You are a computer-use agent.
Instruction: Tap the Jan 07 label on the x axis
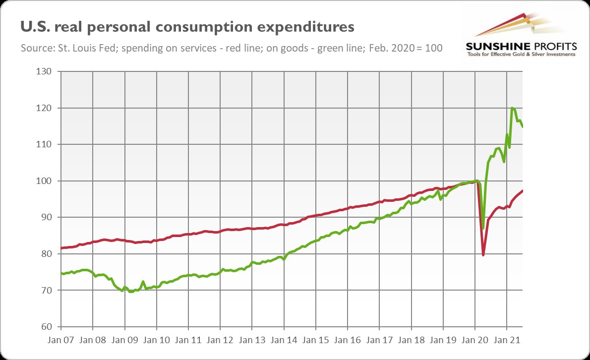(60, 341)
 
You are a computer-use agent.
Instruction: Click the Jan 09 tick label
(124, 341)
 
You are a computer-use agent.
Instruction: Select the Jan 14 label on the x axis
(284, 341)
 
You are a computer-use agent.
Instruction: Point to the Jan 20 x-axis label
(475, 341)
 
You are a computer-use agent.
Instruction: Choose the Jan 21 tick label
(507, 341)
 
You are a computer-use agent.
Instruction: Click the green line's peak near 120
(512, 108)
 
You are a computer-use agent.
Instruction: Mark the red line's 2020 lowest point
(483, 255)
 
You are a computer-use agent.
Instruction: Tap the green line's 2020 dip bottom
(483, 229)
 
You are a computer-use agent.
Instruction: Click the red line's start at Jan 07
(61, 248)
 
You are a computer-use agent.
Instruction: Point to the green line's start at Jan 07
(61, 273)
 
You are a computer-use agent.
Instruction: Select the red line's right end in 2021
(523, 191)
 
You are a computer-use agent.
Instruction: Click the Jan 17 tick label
(379, 341)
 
